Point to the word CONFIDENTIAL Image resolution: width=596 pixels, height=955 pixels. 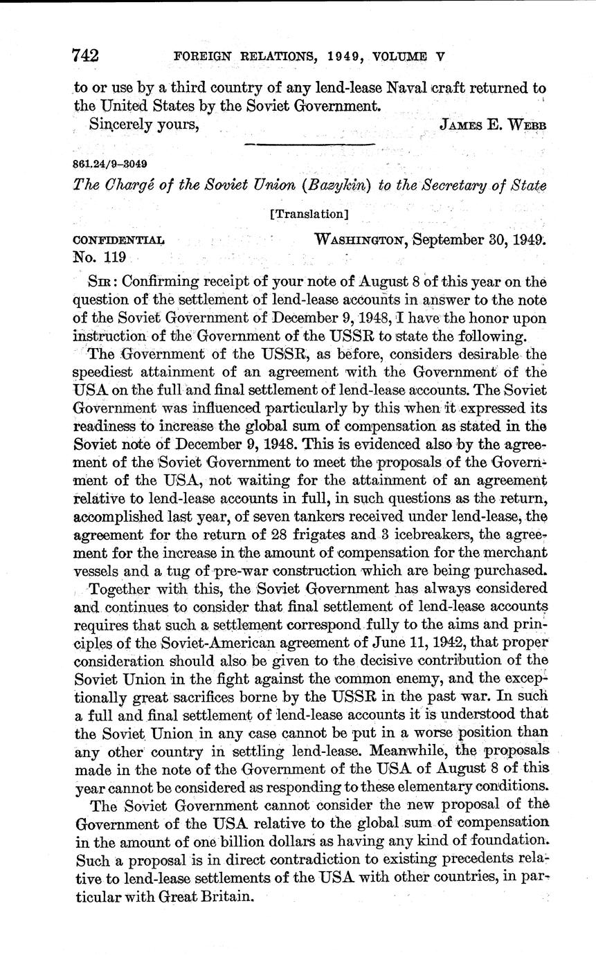118,240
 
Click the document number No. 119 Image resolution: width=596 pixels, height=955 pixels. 99,257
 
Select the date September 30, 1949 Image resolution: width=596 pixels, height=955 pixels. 480,240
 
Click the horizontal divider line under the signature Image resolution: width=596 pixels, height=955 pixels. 309,144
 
